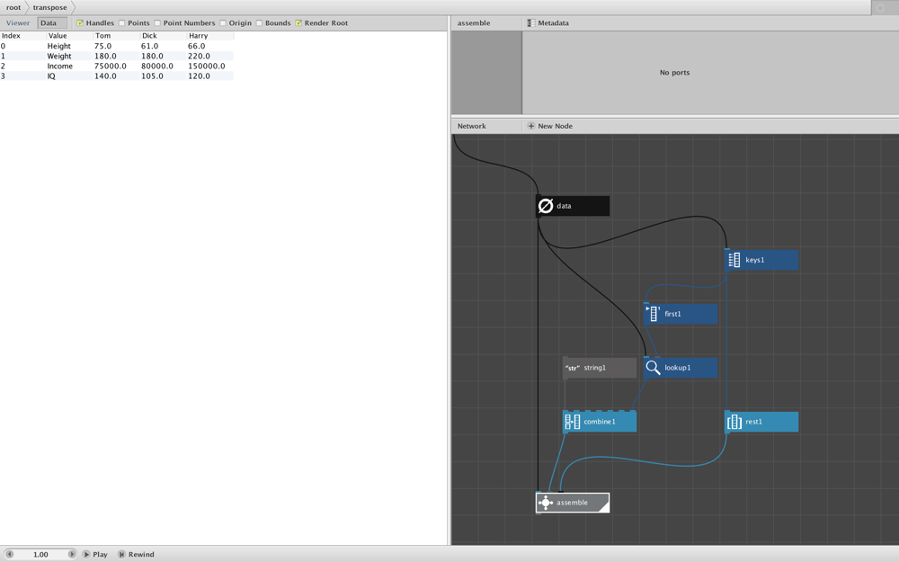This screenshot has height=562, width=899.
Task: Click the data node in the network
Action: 572,206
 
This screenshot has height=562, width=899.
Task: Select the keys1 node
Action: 761,260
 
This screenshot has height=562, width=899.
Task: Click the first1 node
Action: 681,314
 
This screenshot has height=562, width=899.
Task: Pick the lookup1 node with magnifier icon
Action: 681,368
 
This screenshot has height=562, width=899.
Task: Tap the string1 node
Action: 600,368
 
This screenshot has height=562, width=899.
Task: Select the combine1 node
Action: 600,422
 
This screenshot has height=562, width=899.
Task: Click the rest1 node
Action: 761,422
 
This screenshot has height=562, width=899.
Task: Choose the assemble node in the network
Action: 572,503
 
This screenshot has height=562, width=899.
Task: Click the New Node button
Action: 550,126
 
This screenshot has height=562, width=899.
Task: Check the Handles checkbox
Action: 80,23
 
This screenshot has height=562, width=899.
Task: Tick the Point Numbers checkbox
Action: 157,23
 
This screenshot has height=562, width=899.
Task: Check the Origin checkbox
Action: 222,23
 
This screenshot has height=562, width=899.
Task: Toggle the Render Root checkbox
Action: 298,23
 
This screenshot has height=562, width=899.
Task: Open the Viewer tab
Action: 18,23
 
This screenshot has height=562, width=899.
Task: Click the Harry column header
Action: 199,36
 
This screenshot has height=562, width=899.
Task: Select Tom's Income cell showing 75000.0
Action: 110,66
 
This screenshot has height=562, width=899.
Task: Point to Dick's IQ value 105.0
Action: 152,76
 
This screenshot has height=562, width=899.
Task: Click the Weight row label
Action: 59,56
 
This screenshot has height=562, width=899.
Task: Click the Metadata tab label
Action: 553,23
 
